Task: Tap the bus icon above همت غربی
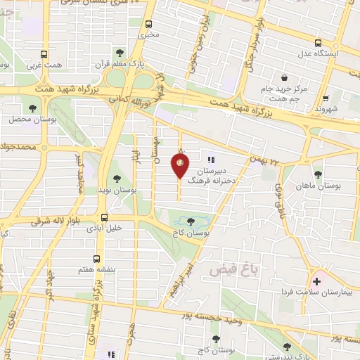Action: pos(44,54)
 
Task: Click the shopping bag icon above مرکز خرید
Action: pos(283,77)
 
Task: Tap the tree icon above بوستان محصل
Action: pos(32,108)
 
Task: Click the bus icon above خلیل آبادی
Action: pos(104,217)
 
